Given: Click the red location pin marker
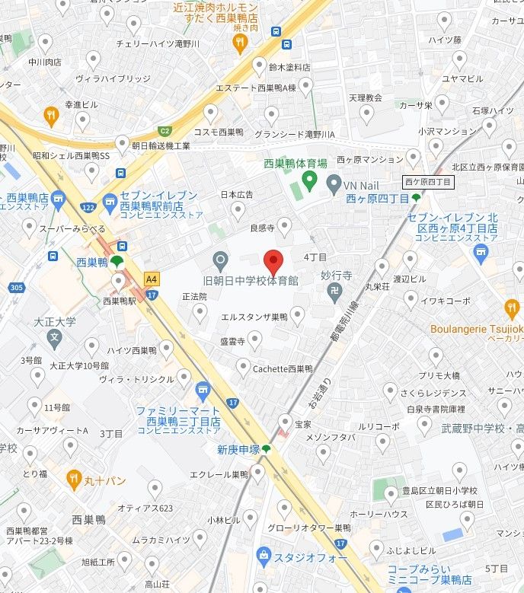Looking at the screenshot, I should [x=273, y=262].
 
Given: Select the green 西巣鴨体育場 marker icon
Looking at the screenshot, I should [x=309, y=180].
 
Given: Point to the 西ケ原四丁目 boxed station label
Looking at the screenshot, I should [x=428, y=182].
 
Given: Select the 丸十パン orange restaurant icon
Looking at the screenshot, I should [x=74, y=479].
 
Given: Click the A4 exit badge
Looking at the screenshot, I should [x=152, y=279].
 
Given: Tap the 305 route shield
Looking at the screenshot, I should [x=16, y=288].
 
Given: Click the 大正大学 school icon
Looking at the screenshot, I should [x=54, y=336].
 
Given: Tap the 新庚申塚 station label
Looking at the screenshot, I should [x=238, y=450].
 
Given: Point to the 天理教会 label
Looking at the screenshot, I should [x=365, y=98].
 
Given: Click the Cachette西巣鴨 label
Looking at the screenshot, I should [x=283, y=368].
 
